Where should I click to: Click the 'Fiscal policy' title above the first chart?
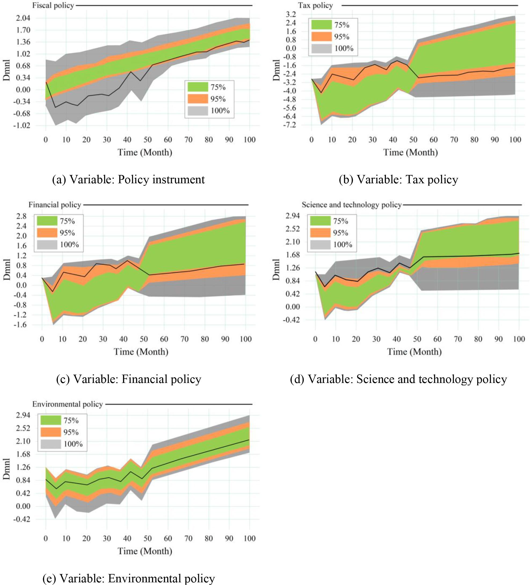(53, 6)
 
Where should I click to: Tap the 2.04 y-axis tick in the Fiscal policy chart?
(23, 18)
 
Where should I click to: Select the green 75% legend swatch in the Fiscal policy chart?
(198, 87)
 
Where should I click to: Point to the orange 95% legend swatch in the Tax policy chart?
(321, 36)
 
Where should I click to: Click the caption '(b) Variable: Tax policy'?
(398, 180)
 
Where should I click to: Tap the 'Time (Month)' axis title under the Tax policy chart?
(410, 152)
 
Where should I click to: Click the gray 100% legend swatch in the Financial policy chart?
(47, 245)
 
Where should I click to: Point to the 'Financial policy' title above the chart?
(55, 205)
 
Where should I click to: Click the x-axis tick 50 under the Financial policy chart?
(144, 339)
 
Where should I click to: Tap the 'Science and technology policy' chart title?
(351, 205)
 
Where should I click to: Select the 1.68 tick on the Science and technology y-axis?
(292, 255)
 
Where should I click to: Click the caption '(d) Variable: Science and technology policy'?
(398, 379)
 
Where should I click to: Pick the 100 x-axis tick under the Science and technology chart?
(519, 339)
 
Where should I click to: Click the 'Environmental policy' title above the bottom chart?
(67, 404)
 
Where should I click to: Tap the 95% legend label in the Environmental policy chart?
(71, 432)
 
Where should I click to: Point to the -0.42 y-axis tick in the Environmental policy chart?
(22, 519)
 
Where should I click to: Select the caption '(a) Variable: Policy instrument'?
(128, 180)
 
